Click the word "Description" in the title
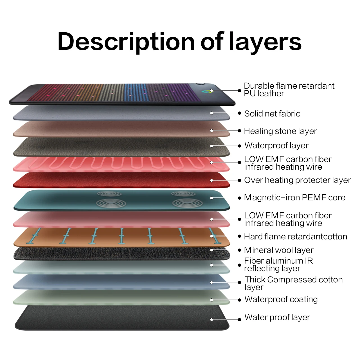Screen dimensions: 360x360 click(x=126, y=42)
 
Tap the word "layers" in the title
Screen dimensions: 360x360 click(x=265, y=42)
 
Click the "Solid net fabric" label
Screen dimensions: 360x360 click(x=272, y=114)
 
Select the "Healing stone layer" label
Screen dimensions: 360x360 click(x=280, y=131)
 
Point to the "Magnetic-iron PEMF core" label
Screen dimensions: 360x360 click(x=294, y=197)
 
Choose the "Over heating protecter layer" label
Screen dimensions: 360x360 click(x=297, y=180)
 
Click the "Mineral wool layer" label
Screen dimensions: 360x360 click(x=278, y=250)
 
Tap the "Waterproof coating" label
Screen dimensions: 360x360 click(x=281, y=299)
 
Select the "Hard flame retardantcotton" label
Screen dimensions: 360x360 click(x=295, y=237)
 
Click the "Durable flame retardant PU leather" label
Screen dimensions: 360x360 click(x=289, y=89)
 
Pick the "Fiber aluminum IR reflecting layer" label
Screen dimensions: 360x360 click(x=278, y=264)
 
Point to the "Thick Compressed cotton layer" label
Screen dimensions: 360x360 click(x=293, y=283)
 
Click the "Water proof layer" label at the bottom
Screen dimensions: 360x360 click(x=277, y=317)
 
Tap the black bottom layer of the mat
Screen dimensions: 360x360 click(x=121, y=318)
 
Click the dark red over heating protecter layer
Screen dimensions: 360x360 click(x=121, y=180)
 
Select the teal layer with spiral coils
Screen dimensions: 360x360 click(x=121, y=200)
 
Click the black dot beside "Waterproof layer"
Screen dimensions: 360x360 click(x=239, y=146)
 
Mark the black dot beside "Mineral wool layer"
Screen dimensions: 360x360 click(x=239, y=250)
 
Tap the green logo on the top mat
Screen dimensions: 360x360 click(x=208, y=91)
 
